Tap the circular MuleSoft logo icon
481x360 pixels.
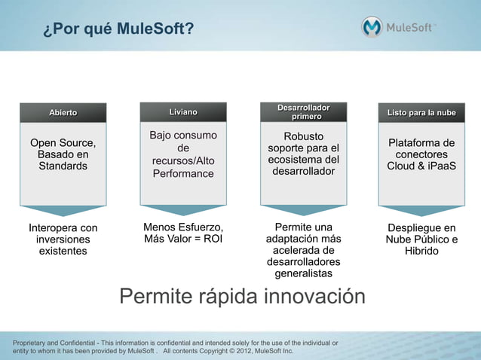372,27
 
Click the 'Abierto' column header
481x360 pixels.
63,113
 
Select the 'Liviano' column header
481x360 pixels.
183,113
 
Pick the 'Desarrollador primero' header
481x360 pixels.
303,111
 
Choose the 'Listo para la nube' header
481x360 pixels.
421,113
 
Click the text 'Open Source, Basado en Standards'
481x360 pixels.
63,154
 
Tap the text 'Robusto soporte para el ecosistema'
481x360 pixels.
303,154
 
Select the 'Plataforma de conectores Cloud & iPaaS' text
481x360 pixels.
421,154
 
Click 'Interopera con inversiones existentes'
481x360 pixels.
63,239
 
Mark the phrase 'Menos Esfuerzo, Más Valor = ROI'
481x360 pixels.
183,233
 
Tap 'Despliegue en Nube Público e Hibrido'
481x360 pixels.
421,239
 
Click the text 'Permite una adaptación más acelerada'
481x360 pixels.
303,239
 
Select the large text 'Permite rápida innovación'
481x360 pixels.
242,297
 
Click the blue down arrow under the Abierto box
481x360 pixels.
63,210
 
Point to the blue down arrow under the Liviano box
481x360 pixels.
183,210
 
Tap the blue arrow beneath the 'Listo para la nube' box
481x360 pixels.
421,210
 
